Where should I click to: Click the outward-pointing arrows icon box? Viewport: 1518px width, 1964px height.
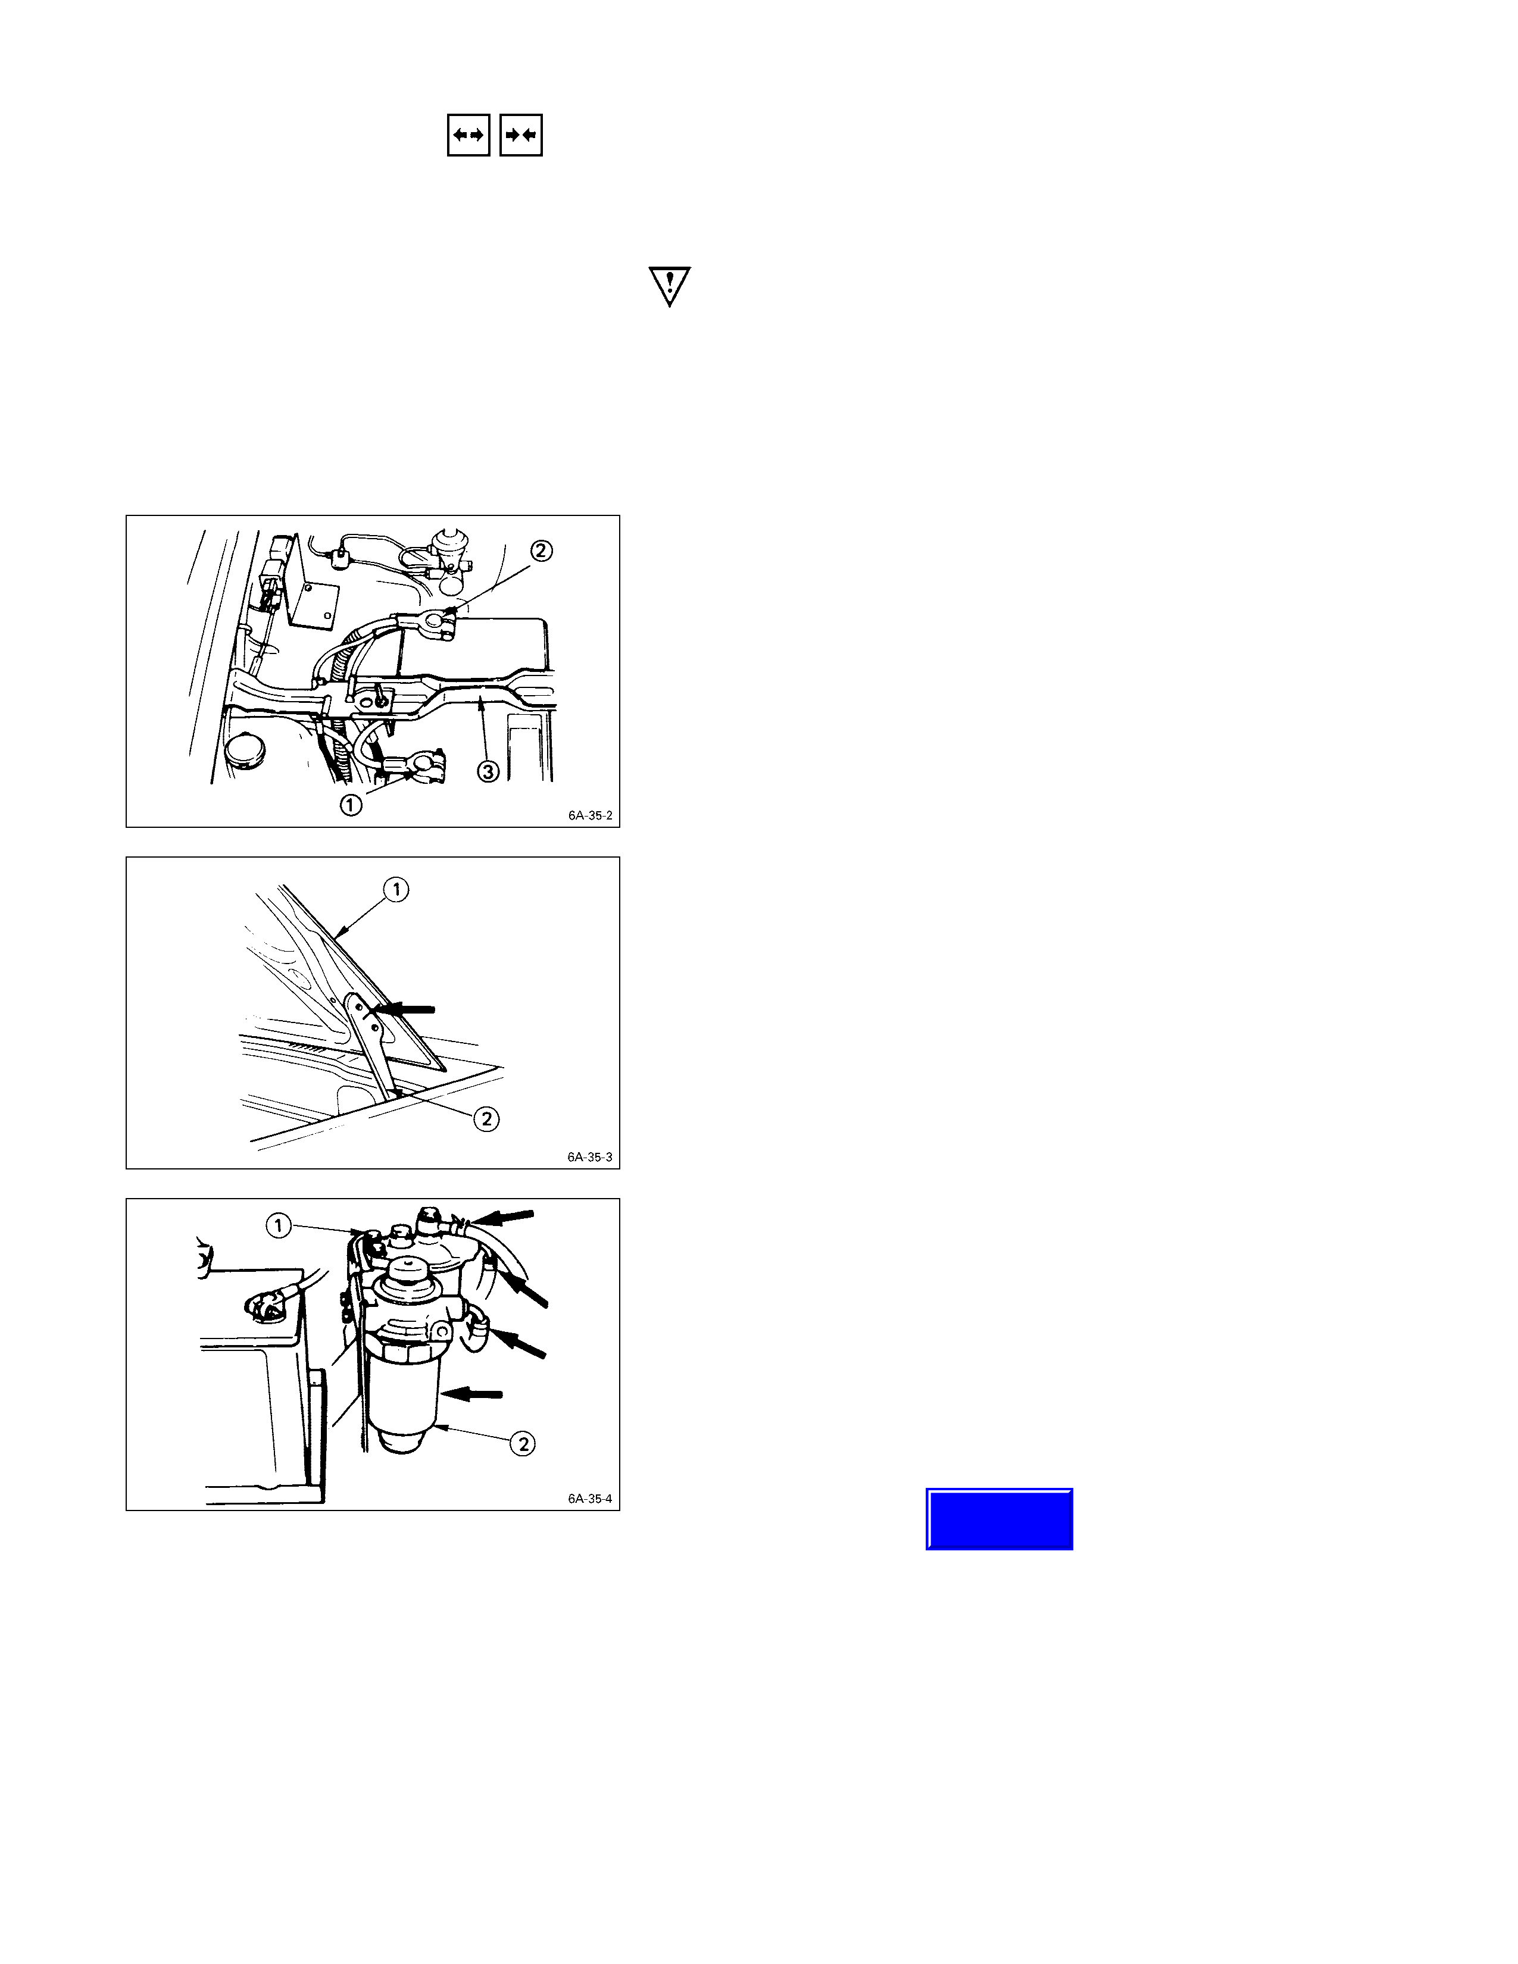coord(468,135)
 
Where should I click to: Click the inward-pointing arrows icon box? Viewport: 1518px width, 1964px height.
coord(521,135)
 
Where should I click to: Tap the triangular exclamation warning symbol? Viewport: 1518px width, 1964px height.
coord(669,286)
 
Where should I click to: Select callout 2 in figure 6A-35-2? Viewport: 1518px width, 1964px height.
coord(541,551)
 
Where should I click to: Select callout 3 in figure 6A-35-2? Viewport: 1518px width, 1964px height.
coord(488,771)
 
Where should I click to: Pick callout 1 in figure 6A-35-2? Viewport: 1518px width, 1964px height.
coord(351,804)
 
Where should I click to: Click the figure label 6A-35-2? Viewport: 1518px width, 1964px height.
coord(590,815)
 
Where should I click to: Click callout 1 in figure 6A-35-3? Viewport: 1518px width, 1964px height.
coord(396,889)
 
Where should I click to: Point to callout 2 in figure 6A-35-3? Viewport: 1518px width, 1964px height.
coord(486,1119)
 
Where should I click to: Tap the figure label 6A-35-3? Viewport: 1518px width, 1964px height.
coord(590,1156)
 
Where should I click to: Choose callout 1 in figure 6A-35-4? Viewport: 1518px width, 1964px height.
coord(279,1225)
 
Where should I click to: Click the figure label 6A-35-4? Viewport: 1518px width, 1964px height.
coord(590,1498)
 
